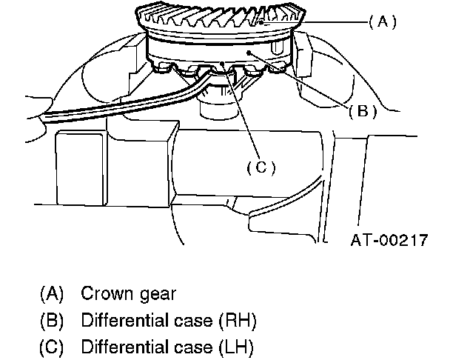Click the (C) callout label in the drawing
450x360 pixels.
pos(260,167)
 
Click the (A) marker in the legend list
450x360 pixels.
pos(52,293)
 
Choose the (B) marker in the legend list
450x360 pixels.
pos(52,321)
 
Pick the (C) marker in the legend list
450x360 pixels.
pos(52,347)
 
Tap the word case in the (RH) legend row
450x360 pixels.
pos(189,321)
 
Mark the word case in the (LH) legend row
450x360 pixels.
pos(189,347)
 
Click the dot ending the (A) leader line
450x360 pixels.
pos(263,23)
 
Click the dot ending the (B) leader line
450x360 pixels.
pos(250,53)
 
